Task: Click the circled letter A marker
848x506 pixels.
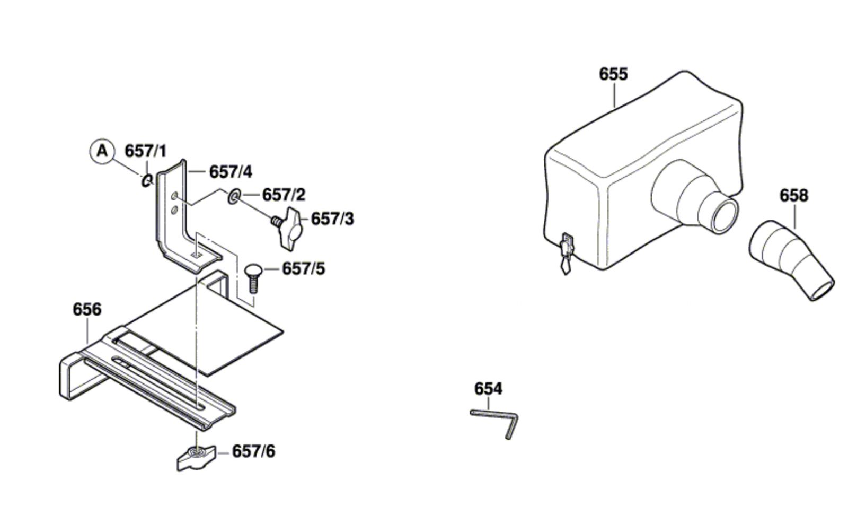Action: pyautogui.click(x=102, y=152)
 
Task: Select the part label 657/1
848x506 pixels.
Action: pyautogui.click(x=146, y=151)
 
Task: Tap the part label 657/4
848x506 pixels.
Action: pyautogui.click(x=231, y=172)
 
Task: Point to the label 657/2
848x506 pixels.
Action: pyautogui.click(x=284, y=195)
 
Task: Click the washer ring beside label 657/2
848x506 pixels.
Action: pyautogui.click(x=234, y=196)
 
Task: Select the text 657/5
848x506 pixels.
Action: pyautogui.click(x=304, y=269)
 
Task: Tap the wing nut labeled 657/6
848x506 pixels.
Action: pyautogui.click(x=197, y=458)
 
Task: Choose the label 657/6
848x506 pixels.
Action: pyautogui.click(x=254, y=451)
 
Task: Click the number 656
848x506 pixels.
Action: pyautogui.click(x=87, y=309)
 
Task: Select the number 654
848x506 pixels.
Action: pyautogui.click(x=488, y=389)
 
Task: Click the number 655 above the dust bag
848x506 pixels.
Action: pyautogui.click(x=613, y=74)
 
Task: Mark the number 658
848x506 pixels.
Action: pyautogui.click(x=794, y=196)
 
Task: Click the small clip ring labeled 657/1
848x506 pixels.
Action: pyautogui.click(x=147, y=180)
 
